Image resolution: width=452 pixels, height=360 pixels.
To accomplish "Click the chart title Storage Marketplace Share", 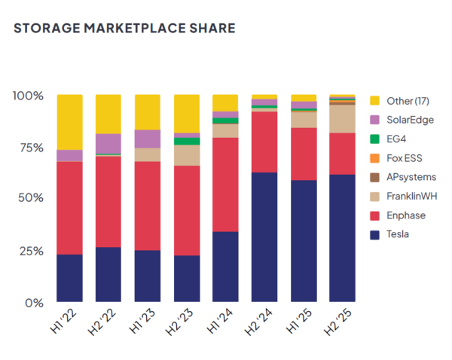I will (124, 29).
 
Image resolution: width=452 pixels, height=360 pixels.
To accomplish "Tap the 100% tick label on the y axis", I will (28, 96).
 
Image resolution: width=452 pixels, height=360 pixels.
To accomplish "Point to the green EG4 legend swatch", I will (374, 139).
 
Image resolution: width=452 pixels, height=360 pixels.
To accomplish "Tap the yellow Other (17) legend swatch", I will (374, 101).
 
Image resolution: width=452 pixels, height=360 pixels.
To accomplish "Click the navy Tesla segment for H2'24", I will (264, 237).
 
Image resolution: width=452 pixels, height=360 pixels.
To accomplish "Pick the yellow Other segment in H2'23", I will (187, 114).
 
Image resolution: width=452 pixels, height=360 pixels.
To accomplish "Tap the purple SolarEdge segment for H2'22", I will (108, 143).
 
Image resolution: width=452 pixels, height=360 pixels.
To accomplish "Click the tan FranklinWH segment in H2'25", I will (343, 118).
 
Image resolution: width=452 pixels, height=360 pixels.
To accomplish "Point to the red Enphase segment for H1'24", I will (225, 185).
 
